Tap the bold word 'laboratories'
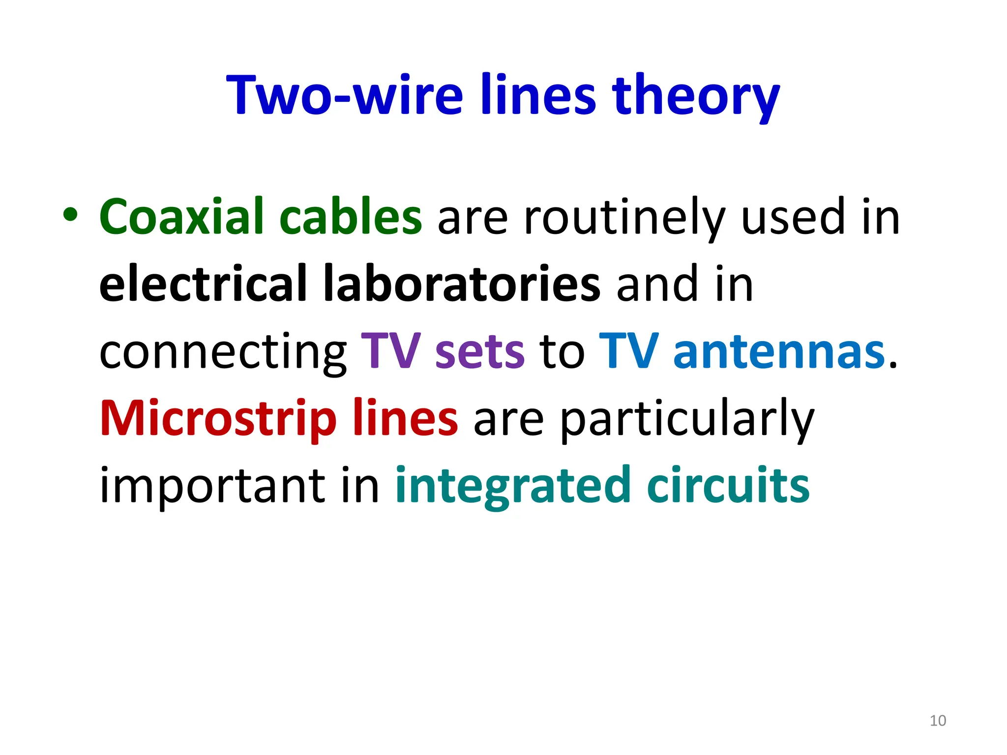462,284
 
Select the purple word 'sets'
480,352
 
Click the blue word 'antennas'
779,352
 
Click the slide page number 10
938,721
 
